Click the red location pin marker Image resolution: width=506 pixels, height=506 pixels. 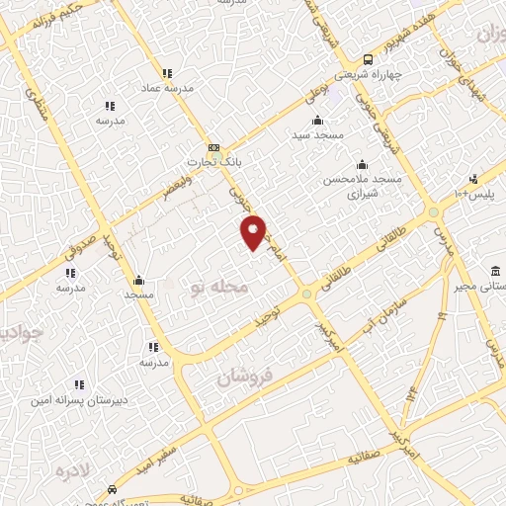coord(254,231)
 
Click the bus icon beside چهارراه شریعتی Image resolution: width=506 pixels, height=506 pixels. coord(368,58)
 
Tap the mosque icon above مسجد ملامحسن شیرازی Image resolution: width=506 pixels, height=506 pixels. coord(362,164)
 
